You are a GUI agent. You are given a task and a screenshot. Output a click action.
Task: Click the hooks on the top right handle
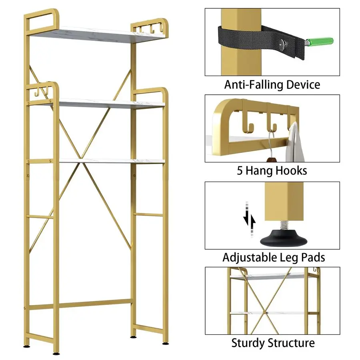[x=146, y=29]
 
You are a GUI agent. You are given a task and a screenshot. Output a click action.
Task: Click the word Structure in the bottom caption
[x=292, y=343]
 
